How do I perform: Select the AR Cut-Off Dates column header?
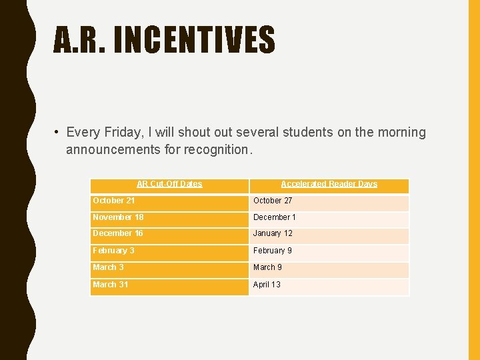coord(169,184)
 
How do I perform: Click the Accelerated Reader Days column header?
coord(329,184)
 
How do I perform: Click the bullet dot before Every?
coord(58,133)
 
